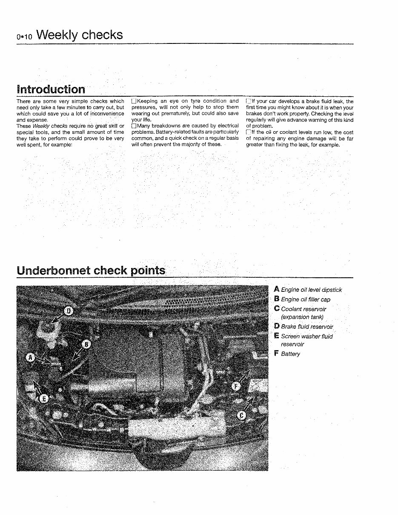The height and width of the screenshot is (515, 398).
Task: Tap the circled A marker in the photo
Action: [x=30, y=357]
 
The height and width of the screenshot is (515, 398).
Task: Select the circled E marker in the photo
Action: [x=44, y=398]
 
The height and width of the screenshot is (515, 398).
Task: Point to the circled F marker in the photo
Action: [x=235, y=386]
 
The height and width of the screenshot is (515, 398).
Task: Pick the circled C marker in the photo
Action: [x=241, y=415]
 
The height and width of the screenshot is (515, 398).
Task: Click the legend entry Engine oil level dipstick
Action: [x=311, y=290]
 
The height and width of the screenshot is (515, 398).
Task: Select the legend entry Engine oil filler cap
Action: [x=305, y=299]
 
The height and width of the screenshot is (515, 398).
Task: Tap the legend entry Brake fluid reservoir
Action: [x=307, y=327]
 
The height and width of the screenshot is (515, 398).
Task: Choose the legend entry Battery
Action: [x=290, y=354]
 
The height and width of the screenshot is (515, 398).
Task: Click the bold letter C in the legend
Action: [x=277, y=309]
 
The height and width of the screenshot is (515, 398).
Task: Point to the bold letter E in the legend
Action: [x=277, y=336]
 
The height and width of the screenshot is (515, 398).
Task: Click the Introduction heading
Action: [x=51, y=89]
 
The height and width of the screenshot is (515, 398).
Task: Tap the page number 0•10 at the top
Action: [x=25, y=37]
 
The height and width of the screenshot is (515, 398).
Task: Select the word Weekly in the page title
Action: [x=57, y=35]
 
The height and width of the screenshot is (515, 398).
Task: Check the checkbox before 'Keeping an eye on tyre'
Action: [x=134, y=101]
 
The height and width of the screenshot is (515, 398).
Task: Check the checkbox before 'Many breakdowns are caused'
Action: [x=134, y=126]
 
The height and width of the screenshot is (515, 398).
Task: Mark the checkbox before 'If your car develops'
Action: [x=249, y=101]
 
